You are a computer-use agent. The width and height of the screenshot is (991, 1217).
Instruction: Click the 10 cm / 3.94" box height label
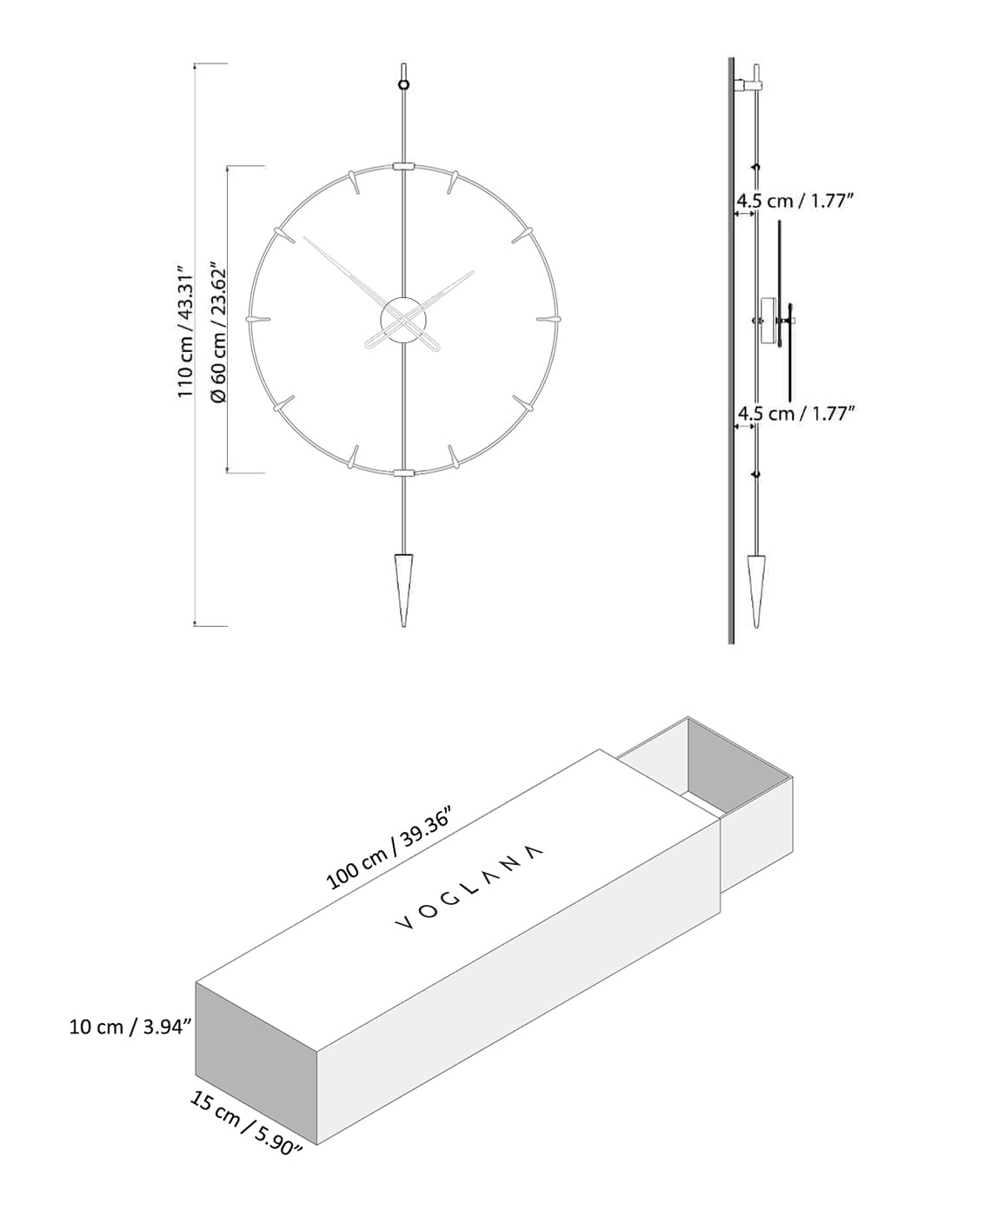click(x=130, y=1027)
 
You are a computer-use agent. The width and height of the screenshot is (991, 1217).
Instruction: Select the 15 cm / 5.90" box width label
click(x=246, y=1124)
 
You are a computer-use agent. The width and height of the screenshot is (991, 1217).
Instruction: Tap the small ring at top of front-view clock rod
click(x=403, y=84)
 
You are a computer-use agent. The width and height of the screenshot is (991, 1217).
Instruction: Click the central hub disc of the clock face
click(x=402, y=319)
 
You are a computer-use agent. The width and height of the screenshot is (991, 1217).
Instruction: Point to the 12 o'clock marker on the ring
click(x=403, y=165)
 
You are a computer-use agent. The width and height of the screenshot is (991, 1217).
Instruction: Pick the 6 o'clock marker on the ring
click(x=403, y=472)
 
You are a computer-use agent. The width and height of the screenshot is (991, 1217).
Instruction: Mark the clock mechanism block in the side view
click(x=768, y=320)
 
